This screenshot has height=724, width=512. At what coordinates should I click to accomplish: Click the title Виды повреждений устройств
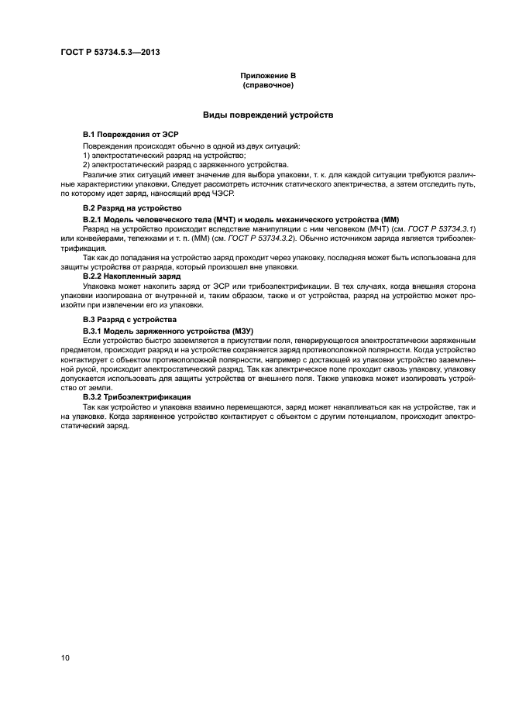pyautogui.click(x=268, y=114)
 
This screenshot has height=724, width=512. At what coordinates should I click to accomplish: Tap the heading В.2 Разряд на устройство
pyautogui.click(x=132, y=208)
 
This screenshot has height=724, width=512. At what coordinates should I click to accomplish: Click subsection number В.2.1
pyautogui.click(x=94, y=220)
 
